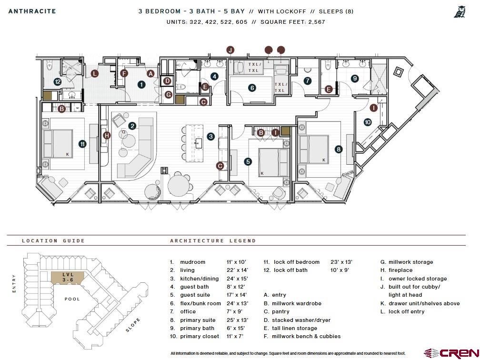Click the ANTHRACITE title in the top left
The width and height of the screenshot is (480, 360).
click(32, 11)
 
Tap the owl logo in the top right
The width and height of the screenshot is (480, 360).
click(460, 12)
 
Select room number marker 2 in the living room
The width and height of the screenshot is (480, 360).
click(132, 126)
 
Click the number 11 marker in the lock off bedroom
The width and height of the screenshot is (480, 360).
click(82, 143)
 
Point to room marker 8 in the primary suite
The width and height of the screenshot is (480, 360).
click(339, 149)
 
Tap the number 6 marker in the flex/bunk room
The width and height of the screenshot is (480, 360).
click(252, 88)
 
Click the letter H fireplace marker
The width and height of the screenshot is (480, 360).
click(107, 135)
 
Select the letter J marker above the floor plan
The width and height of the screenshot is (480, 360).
click(230, 50)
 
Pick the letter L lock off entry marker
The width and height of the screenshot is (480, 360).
click(95, 73)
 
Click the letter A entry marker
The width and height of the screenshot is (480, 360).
click(150, 73)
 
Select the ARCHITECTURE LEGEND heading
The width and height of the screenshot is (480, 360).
click(213, 241)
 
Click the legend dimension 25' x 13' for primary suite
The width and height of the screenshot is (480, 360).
click(237, 320)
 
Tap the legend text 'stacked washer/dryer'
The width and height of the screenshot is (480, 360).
click(301, 320)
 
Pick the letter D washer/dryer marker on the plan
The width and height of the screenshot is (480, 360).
click(167, 81)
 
